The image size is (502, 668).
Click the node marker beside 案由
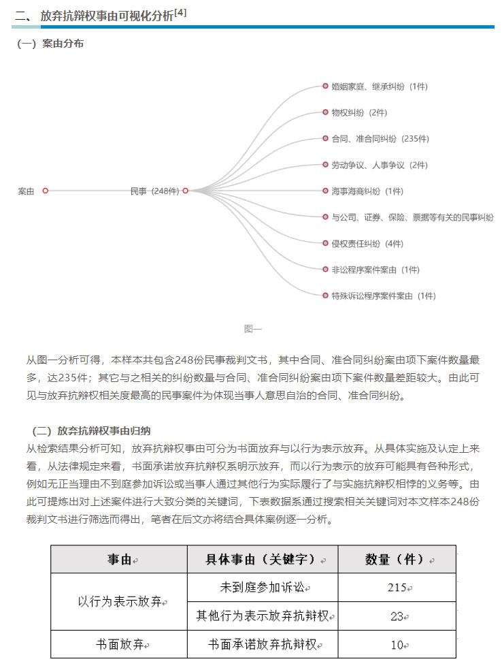[x=46, y=191]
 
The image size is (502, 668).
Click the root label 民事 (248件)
[x=154, y=191]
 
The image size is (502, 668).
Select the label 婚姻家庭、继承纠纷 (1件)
[x=379, y=86]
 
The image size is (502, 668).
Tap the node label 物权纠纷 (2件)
[x=359, y=113]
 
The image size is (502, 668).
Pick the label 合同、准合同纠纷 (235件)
[x=380, y=139]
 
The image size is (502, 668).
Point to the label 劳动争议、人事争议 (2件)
[x=379, y=165]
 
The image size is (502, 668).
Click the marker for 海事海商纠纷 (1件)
[x=326, y=191]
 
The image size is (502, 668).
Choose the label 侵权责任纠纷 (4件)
[x=367, y=244]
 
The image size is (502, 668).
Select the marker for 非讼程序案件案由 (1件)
[x=326, y=270]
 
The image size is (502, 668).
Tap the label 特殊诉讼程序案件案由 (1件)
[x=383, y=296]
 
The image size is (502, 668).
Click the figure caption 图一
[x=252, y=329]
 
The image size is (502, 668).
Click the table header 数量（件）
[x=397, y=559]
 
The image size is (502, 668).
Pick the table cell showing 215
[x=397, y=588]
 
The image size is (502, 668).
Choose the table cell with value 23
[x=397, y=616]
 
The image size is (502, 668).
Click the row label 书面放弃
[x=119, y=645]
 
